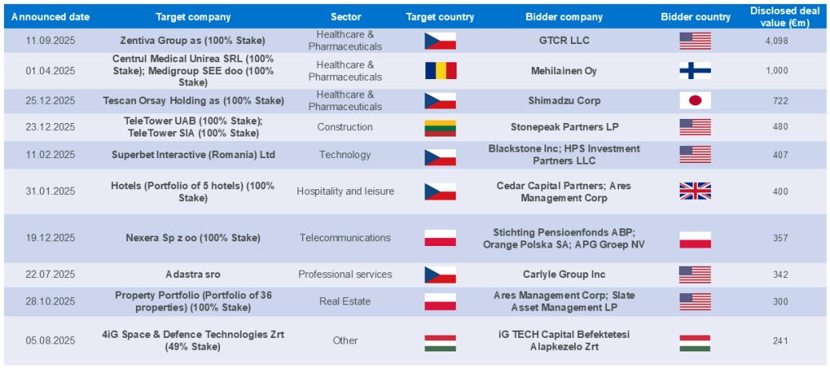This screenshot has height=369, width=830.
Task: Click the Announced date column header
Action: click(50, 17)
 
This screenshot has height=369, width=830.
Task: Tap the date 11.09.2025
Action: click(50, 41)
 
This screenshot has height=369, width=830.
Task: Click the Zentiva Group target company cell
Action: click(193, 41)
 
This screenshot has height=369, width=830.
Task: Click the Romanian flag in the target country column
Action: click(440, 70)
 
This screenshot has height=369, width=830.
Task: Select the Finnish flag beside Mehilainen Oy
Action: click(695, 70)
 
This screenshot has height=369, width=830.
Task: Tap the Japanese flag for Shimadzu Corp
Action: click(695, 101)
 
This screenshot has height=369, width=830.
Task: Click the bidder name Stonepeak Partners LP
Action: click(565, 127)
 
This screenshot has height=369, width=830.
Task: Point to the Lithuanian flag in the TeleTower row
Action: click(440, 128)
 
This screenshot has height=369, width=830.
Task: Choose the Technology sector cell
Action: click(345, 155)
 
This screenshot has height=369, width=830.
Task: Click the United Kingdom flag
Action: click(695, 191)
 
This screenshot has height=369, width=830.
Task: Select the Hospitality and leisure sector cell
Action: click(345, 192)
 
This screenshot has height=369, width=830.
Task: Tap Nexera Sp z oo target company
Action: click(193, 238)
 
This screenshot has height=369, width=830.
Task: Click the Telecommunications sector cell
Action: click(345, 238)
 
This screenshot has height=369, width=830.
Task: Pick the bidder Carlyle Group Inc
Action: click(565, 275)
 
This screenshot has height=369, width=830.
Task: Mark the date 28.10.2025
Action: click(50, 301)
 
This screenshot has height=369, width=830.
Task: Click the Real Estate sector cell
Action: click(345, 301)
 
